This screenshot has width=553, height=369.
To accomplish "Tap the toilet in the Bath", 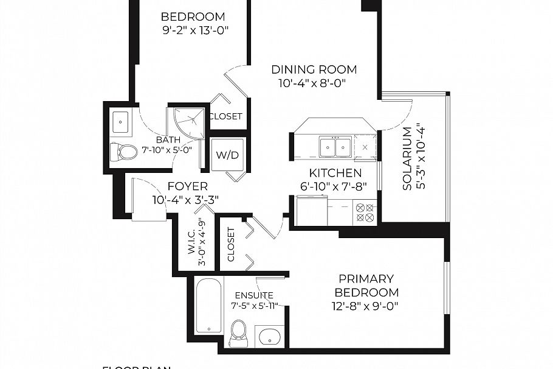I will point(124,151).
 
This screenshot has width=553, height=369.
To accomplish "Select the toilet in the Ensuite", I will point(239,333).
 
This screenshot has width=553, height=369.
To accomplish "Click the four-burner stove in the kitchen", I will point(365,213).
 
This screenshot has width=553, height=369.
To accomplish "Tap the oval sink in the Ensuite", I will point(269,336).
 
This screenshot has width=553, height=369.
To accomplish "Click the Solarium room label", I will point(407,158).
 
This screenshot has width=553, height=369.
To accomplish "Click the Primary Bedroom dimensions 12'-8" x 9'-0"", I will point(365,306).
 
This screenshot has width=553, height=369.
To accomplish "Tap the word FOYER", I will point(187,186).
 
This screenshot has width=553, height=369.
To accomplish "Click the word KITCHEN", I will point(335,174).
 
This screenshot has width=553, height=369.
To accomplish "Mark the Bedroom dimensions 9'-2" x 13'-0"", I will point(193,30).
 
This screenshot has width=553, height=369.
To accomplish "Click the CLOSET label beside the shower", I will point(225,116).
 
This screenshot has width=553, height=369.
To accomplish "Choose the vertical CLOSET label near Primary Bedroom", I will point(231,244).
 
